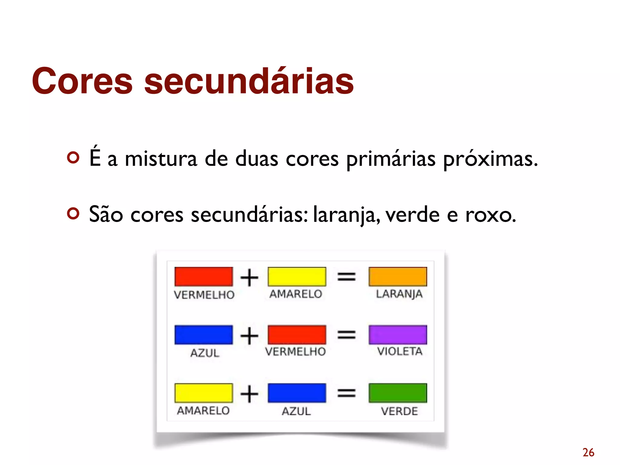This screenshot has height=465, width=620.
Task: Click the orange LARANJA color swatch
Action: point(397,276)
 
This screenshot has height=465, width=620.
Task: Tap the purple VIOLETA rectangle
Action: point(397,335)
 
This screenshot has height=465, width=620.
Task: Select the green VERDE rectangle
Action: point(397,393)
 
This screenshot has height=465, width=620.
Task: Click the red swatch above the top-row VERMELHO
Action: point(203,276)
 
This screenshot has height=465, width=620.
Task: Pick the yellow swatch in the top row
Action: point(297,276)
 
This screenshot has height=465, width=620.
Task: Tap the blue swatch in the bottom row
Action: point(297,393)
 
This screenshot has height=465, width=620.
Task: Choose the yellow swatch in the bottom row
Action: point(203,393)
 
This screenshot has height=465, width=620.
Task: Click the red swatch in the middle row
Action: point(297,335)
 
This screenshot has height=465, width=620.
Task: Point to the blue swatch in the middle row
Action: point(203,335)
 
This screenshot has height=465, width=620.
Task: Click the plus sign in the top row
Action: point(249,278)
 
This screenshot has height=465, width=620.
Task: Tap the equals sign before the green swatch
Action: point(346,393)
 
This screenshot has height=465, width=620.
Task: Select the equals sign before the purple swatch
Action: point(346,335)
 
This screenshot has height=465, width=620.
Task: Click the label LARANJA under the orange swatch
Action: point(399,294)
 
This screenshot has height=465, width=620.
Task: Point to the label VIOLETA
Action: point(399,351)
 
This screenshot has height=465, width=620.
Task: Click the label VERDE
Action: point(399,411)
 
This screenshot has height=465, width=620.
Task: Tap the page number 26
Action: point(588,453)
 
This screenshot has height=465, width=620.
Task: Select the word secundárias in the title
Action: point(249,81)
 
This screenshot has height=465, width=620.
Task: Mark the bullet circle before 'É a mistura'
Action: point(73,157)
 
